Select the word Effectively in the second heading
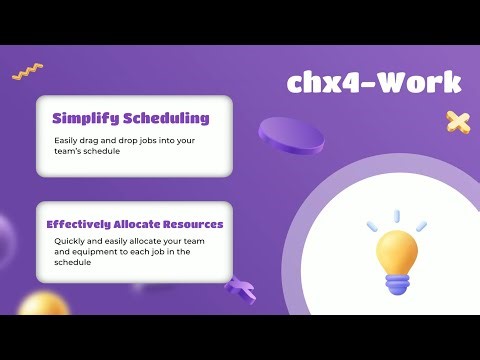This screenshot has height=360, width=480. point(83,224)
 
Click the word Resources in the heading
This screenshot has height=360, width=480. point(197,224)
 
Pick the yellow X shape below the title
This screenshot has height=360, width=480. point(458,123)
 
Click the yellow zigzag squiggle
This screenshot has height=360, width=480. point(27,71)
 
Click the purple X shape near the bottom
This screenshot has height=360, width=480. point(239,291)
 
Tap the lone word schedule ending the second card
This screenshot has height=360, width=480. point(73,263)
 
